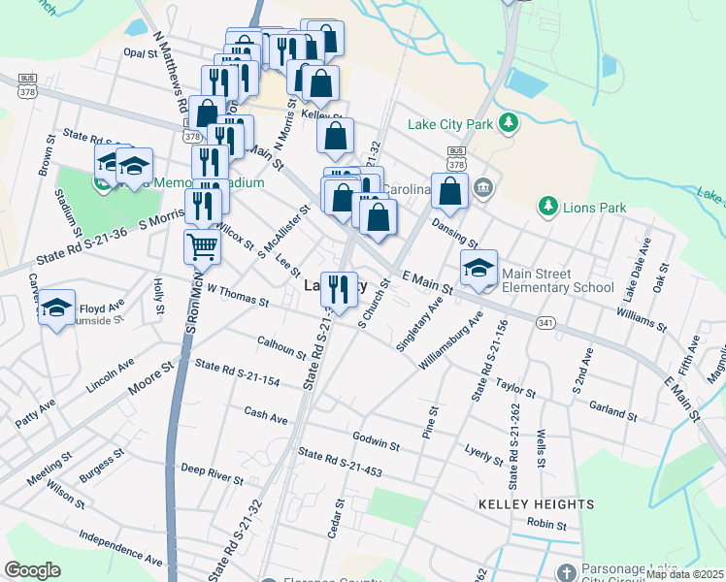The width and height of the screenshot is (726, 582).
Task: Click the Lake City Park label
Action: [x=450, y=124]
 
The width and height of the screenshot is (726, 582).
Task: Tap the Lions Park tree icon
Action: [x=548, y=207]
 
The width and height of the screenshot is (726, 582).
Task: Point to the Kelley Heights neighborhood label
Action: [x=536, y=504]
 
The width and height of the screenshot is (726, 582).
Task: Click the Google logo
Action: [x=33, y=570]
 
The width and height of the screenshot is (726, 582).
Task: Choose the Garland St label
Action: [x=611, y=411]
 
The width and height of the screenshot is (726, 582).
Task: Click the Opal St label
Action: [x=141, y=54]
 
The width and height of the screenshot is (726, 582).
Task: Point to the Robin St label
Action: [x=546, y=524]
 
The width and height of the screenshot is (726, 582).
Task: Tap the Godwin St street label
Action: [x=377, y=441]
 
